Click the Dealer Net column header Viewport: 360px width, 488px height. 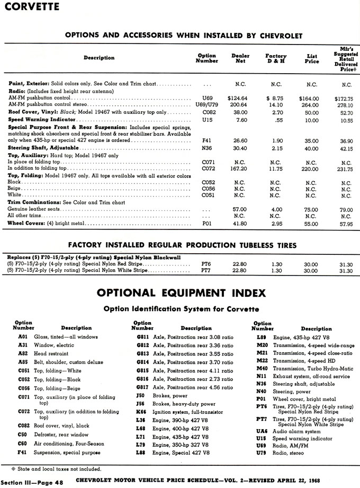[x=240, y=58]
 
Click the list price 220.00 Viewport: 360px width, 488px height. [x=312, y=169]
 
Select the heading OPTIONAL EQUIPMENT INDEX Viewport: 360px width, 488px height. [x=179, y=293]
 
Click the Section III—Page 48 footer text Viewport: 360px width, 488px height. [x=32, y=483]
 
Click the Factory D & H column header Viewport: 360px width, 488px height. [x=276, y=58]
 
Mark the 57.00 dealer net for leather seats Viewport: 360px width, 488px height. [x=240, y=209]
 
